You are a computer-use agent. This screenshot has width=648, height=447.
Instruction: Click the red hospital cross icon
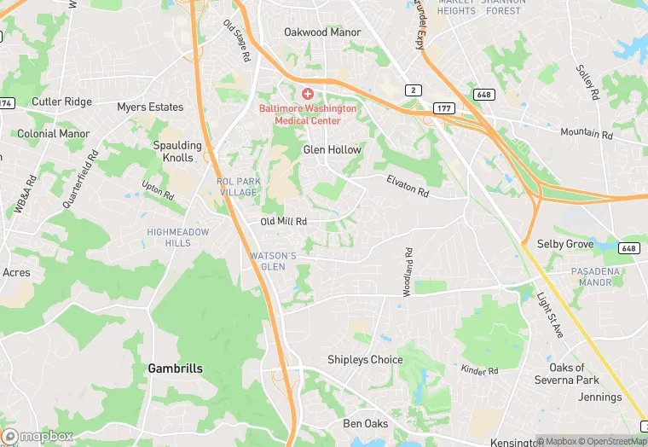(307, 92)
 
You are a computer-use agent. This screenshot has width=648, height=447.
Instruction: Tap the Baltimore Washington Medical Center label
(307, 114)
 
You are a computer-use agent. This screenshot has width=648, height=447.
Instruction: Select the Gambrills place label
(175, 369)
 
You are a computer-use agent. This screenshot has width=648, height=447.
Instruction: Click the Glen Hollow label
(333, 150)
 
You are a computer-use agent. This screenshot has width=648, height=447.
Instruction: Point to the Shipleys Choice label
(365, 360)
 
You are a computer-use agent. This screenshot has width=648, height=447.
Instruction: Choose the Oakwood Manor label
(322, 32)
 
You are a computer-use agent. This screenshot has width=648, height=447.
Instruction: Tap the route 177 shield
(443, 108)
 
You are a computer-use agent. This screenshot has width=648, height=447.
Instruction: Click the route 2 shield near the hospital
(413, 90)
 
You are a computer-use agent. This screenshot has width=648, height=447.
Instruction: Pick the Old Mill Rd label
(283, 222)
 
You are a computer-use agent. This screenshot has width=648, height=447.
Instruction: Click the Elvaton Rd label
(407, 186)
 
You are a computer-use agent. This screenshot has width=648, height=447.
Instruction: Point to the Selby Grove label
(565, 244)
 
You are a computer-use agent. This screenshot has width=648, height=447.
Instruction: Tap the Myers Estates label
(150, 107)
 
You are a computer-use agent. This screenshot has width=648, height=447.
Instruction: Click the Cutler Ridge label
(61, 102)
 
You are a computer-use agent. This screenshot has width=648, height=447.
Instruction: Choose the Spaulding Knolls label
(177, 151)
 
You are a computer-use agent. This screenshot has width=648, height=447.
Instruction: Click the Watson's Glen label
(273, 261)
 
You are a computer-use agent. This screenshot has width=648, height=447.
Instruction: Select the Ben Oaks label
(365, 424)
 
